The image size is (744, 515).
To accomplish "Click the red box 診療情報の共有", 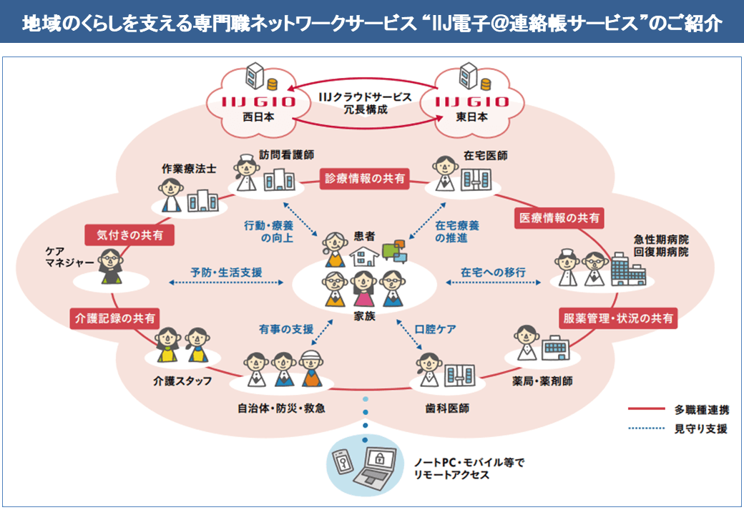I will (365, 179).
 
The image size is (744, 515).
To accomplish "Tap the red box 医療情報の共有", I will (559, 217).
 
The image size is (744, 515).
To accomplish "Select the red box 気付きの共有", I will (129, 234).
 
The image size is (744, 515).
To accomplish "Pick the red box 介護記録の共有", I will (114, 319).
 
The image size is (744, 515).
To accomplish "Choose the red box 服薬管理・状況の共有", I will (618, 318).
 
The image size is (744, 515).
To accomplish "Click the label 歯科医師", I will (446, 409).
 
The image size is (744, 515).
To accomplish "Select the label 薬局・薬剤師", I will (543, 381).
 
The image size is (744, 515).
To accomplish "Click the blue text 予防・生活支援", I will (226, 272).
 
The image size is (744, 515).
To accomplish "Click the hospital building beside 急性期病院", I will (627, 270).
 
